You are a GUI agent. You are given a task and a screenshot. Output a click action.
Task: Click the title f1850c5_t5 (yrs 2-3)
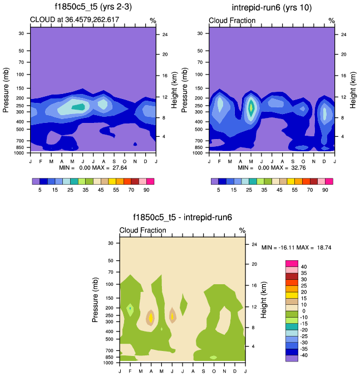(x=93, y=7)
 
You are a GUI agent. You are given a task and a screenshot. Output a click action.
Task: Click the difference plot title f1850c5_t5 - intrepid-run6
(x=182, y=218)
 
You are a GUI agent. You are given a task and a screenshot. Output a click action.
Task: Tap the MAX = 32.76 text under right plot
(x=293, y=167)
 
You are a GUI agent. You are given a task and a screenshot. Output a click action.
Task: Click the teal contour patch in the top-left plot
(x=78, y=107)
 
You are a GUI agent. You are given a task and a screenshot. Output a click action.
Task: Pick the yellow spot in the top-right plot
(x=251, y=106)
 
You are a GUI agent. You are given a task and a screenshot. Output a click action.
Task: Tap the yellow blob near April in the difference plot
(x=150, y=318)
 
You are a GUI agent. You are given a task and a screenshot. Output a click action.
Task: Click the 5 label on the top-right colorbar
(x=219, y=190)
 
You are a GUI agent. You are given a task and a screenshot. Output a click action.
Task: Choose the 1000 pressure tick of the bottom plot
(x=109, y=363)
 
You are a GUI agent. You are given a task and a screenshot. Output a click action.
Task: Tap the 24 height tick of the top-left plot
(x=165, y=34)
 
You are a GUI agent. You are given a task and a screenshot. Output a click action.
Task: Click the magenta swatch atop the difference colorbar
(x=291, y=263)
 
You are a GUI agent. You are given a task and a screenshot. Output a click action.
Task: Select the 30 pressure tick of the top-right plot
(x=200, y=33)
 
